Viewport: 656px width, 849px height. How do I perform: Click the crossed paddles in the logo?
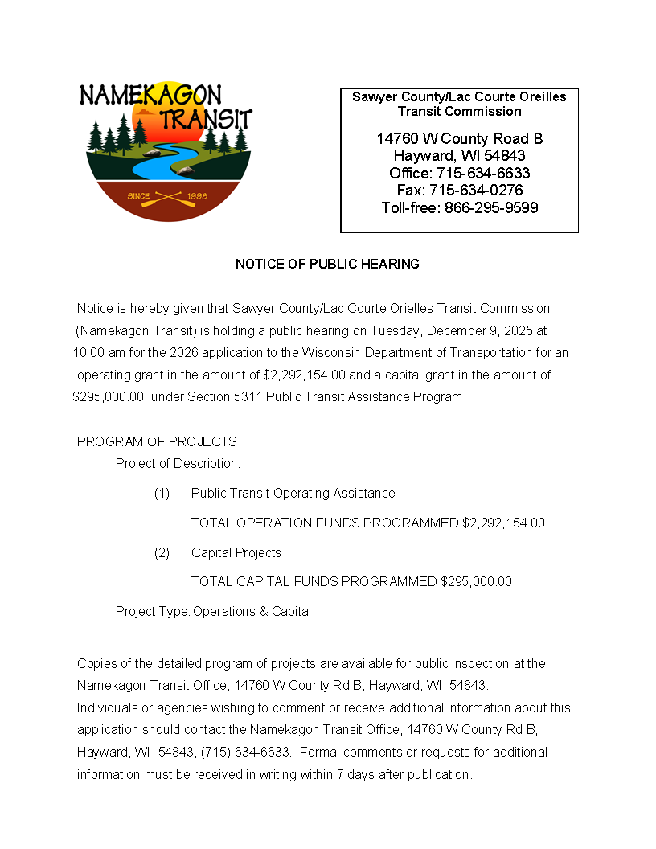(168, 196)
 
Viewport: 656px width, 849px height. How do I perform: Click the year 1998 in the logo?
(197, 196)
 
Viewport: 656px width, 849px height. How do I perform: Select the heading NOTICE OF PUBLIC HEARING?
(327, 264)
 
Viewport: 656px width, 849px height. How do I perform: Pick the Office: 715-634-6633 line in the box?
(459, 174)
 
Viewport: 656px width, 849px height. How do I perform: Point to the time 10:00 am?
(96, 352)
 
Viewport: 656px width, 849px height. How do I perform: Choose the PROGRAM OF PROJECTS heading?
(157, 441)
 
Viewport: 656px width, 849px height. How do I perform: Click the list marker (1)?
(162, 493)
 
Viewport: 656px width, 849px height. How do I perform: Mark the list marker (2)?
(162, 552)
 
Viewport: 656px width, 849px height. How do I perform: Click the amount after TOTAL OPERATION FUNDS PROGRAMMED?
(503, 523)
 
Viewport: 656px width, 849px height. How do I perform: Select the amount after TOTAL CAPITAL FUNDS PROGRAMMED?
(476, 581)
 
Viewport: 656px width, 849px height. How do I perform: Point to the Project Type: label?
(153, 611)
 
